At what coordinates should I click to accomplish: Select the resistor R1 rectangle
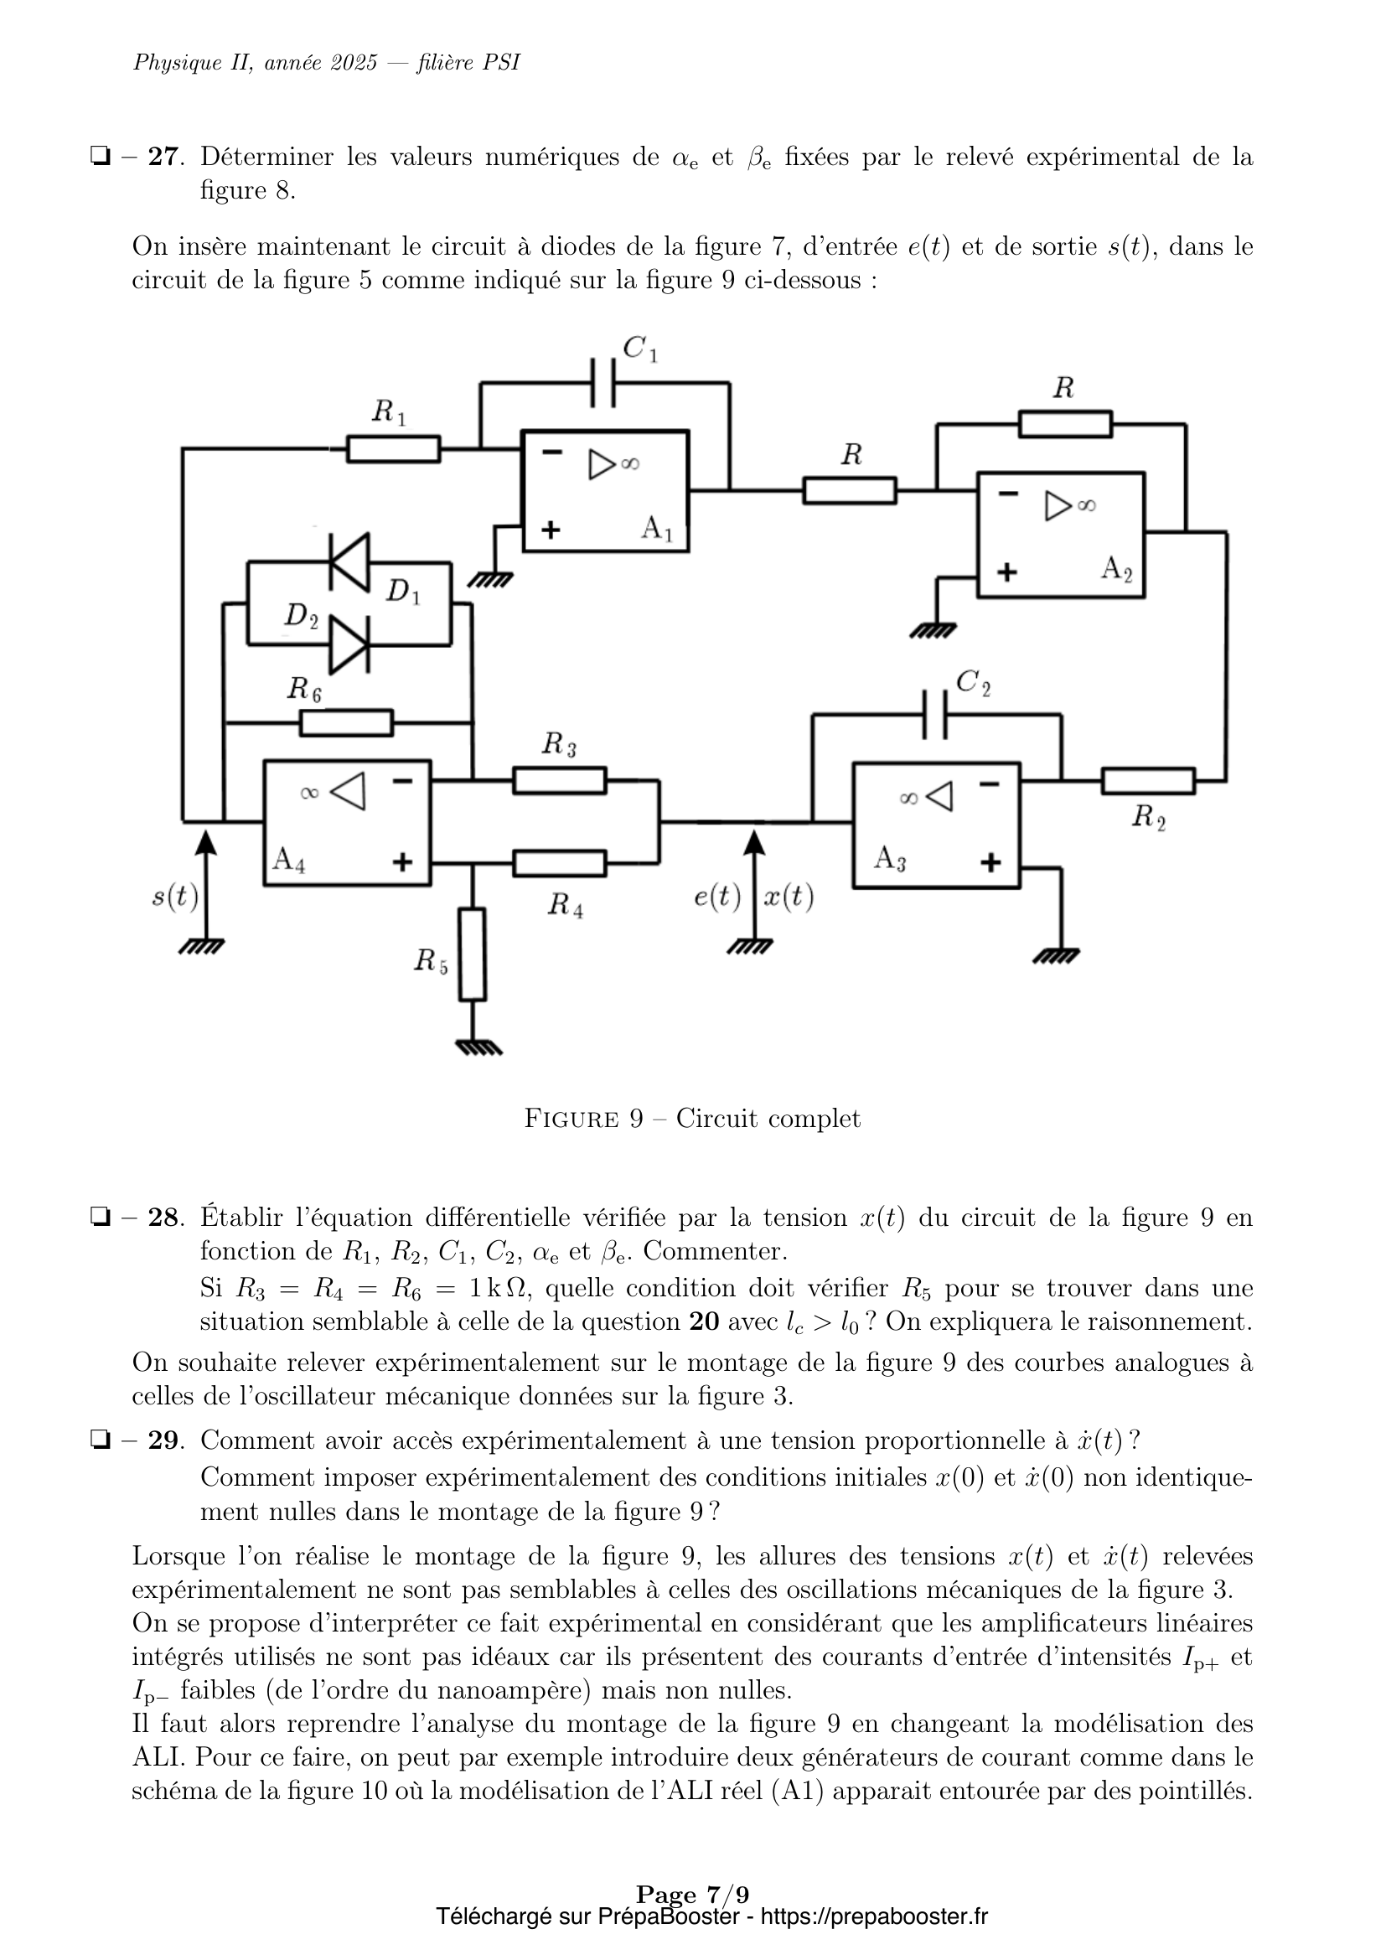tap(394, 448)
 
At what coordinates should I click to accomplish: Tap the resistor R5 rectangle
tap(472, 954)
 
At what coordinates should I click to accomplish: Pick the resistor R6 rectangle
tap(347, 722)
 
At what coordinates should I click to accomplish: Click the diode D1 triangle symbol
tap(349, 561)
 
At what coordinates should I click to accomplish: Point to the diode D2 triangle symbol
tap(349, 644)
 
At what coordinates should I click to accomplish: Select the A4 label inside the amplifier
tap(288, 860)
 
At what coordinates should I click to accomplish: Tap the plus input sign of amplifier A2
tap(1007, 572)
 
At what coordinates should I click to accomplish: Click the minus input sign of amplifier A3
tap(989, 783)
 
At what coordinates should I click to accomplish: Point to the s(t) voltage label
tap(175, 897)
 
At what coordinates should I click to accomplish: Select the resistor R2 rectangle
tap(1148, 780)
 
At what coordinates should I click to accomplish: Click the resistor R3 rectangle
tap(560, 780)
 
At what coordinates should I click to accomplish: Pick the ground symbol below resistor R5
tap(478, 1047)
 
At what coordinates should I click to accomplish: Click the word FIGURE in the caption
tap(571, 1120)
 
